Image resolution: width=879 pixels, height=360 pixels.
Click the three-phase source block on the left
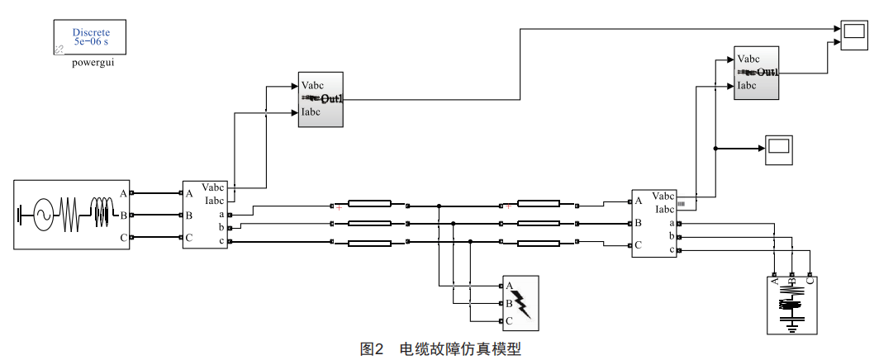[x=72, y=216]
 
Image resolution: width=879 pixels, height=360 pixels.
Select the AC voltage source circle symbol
[x=40, y=216]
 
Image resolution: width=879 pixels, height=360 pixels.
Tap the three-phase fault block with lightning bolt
[x=520, y=303]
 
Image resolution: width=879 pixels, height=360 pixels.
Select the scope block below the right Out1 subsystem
[x=777, y=147]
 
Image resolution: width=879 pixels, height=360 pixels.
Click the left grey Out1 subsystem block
[x=321, y=99]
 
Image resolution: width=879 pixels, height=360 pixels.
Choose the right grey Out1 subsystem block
[x=757, y=73]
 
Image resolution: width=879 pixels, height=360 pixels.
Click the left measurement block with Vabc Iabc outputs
[x=205, y=216]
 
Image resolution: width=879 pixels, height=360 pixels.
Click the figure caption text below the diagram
[x=440, y=349]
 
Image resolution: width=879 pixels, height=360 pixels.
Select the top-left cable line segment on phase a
[x=369, y=204]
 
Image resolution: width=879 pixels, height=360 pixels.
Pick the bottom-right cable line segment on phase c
[x=538, y=243]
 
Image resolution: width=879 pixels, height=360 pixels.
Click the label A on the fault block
[x=510, y=286]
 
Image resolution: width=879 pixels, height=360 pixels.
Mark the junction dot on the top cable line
[x=439, y=205]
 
